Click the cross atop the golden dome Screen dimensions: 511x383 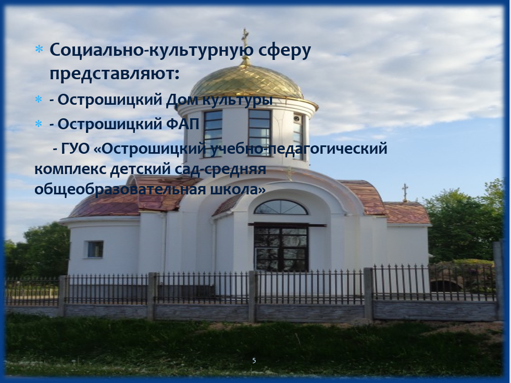[x=245, y=38]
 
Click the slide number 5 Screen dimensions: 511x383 [x=254, y=361]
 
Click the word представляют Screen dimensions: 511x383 [x=115, y=73]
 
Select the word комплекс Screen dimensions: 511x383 [x=70, y=169]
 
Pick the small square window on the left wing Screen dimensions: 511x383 [x=95, y=249]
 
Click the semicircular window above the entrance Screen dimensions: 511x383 [x=281, y=207]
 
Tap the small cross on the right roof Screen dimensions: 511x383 [x=405, y=192]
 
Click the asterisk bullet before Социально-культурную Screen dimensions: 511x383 [x=39, y=50]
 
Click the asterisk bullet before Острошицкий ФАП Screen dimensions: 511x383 [x=39, y=124]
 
